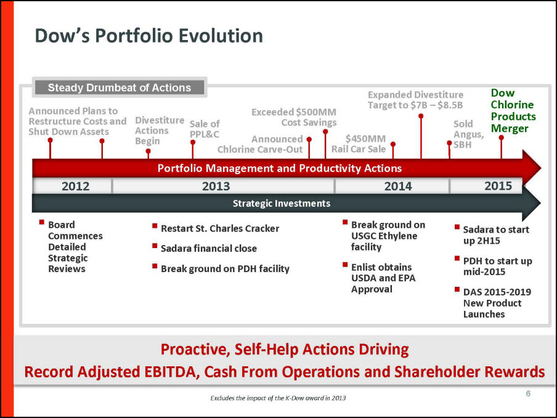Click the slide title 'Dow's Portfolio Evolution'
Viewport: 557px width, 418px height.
[x=149, y=36]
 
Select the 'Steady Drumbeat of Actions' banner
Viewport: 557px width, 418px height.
[x=120, y=87]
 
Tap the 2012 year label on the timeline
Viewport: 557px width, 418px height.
[x=75, y=187]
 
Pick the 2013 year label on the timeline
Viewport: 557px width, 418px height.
[x=216, y=187]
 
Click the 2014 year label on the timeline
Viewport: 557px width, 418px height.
[x=398, y=187]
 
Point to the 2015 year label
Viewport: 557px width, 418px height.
[x=498, y=186]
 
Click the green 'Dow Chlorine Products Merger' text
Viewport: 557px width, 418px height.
[x=513, y=110]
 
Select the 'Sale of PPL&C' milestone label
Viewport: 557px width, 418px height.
[x=205, y=129]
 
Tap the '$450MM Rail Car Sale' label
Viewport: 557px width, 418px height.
[x=359, y=143]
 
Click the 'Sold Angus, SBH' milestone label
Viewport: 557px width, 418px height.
[x=468, y=134]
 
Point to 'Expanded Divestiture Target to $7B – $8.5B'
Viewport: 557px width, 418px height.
[x=415, y=100]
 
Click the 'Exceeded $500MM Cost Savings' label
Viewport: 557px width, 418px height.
[x=294, y=117]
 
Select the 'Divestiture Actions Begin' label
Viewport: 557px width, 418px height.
[x=160, y=131]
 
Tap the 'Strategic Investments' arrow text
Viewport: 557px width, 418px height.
[x=282, y=203]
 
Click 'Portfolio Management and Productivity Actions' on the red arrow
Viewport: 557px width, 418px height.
[x=280, y=168]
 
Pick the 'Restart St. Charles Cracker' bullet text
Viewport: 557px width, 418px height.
[x=220, y=228]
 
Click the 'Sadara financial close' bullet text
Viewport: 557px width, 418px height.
[x=208, y=248]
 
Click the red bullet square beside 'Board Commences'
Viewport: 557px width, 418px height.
[x=41, y=222]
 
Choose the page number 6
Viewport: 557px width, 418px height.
[x=528, y=393]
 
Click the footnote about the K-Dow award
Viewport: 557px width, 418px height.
[x=278, y=398]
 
